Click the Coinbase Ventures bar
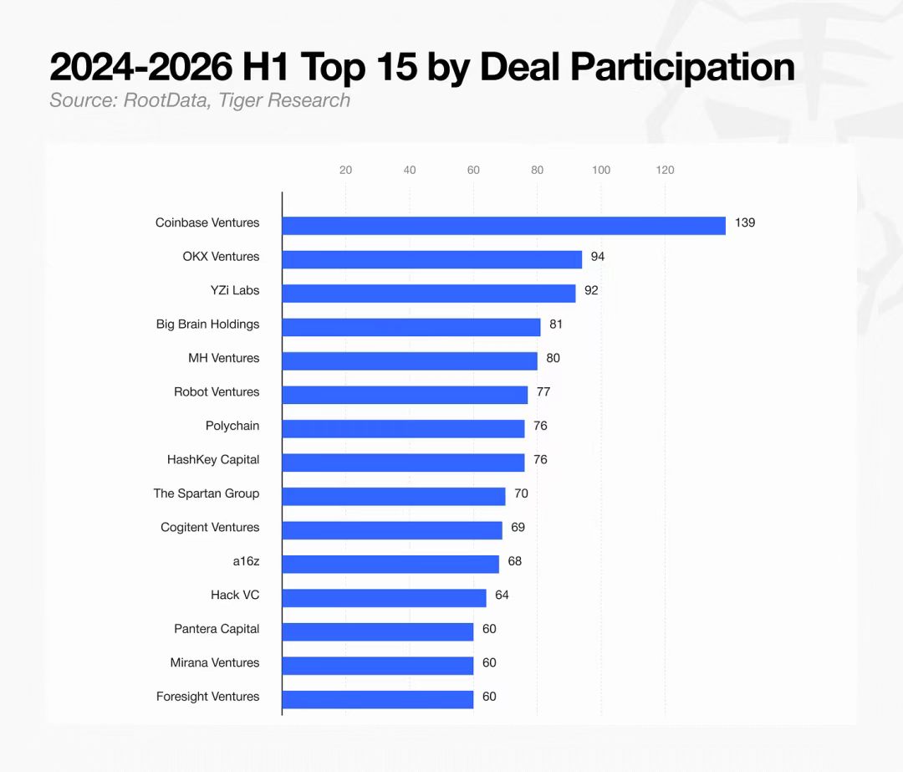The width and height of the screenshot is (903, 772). point(504,226)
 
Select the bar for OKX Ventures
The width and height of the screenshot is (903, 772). point(432,260)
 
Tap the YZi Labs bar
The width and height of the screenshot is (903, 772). point(429,294)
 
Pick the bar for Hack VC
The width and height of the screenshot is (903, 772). point(384,598)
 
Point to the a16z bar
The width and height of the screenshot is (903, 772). point(390,564)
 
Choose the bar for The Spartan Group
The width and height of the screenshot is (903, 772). point(394,497)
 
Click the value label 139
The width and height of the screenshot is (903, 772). point(745,223)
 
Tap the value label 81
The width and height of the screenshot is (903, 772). point(556,325)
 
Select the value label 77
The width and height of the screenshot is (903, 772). point(543,392)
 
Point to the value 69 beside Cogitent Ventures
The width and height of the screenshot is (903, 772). point(518,528)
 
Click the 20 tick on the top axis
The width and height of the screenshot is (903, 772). point(345,170)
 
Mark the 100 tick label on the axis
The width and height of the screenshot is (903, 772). point(601,170)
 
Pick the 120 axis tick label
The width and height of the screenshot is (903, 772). point(666,170)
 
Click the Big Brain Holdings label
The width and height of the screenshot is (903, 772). point(208,325)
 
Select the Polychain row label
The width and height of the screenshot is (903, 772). point(232,426)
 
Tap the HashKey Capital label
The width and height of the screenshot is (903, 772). point(213,460)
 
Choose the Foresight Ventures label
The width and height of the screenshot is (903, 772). point(208,697)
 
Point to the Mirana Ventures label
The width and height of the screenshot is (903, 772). point(215,663)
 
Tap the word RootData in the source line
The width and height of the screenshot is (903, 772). point(166,100)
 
